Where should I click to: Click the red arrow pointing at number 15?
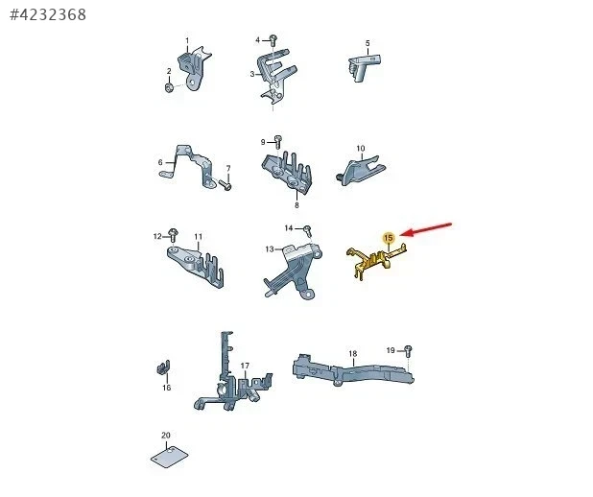(x=426, y=229)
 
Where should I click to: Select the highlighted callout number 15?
(x=389, y=238)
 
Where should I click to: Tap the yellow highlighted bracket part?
(x=377, y=261)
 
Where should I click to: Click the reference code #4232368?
(x=48, y=14)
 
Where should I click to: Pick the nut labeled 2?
(x=169, y=87)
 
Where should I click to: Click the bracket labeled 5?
(x=364, y=67)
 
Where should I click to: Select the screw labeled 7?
(x=225, y=185)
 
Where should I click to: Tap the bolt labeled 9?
(x=278, y=141)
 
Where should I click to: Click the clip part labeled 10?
(x=361, y=170)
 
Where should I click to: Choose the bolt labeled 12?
(x=173, y=235)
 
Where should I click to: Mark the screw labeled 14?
(x=307, y=229)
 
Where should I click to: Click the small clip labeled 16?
(x=163, y=367)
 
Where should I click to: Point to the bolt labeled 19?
(x=408, y=350)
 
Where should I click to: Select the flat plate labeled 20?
(x=170, y=458)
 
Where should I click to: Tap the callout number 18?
(x=352, y=354)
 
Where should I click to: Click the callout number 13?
(x=270, y=248)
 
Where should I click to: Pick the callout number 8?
(x=296, y=205)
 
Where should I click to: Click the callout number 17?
(x=245, y=366)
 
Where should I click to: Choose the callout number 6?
(x=160, y=162)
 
